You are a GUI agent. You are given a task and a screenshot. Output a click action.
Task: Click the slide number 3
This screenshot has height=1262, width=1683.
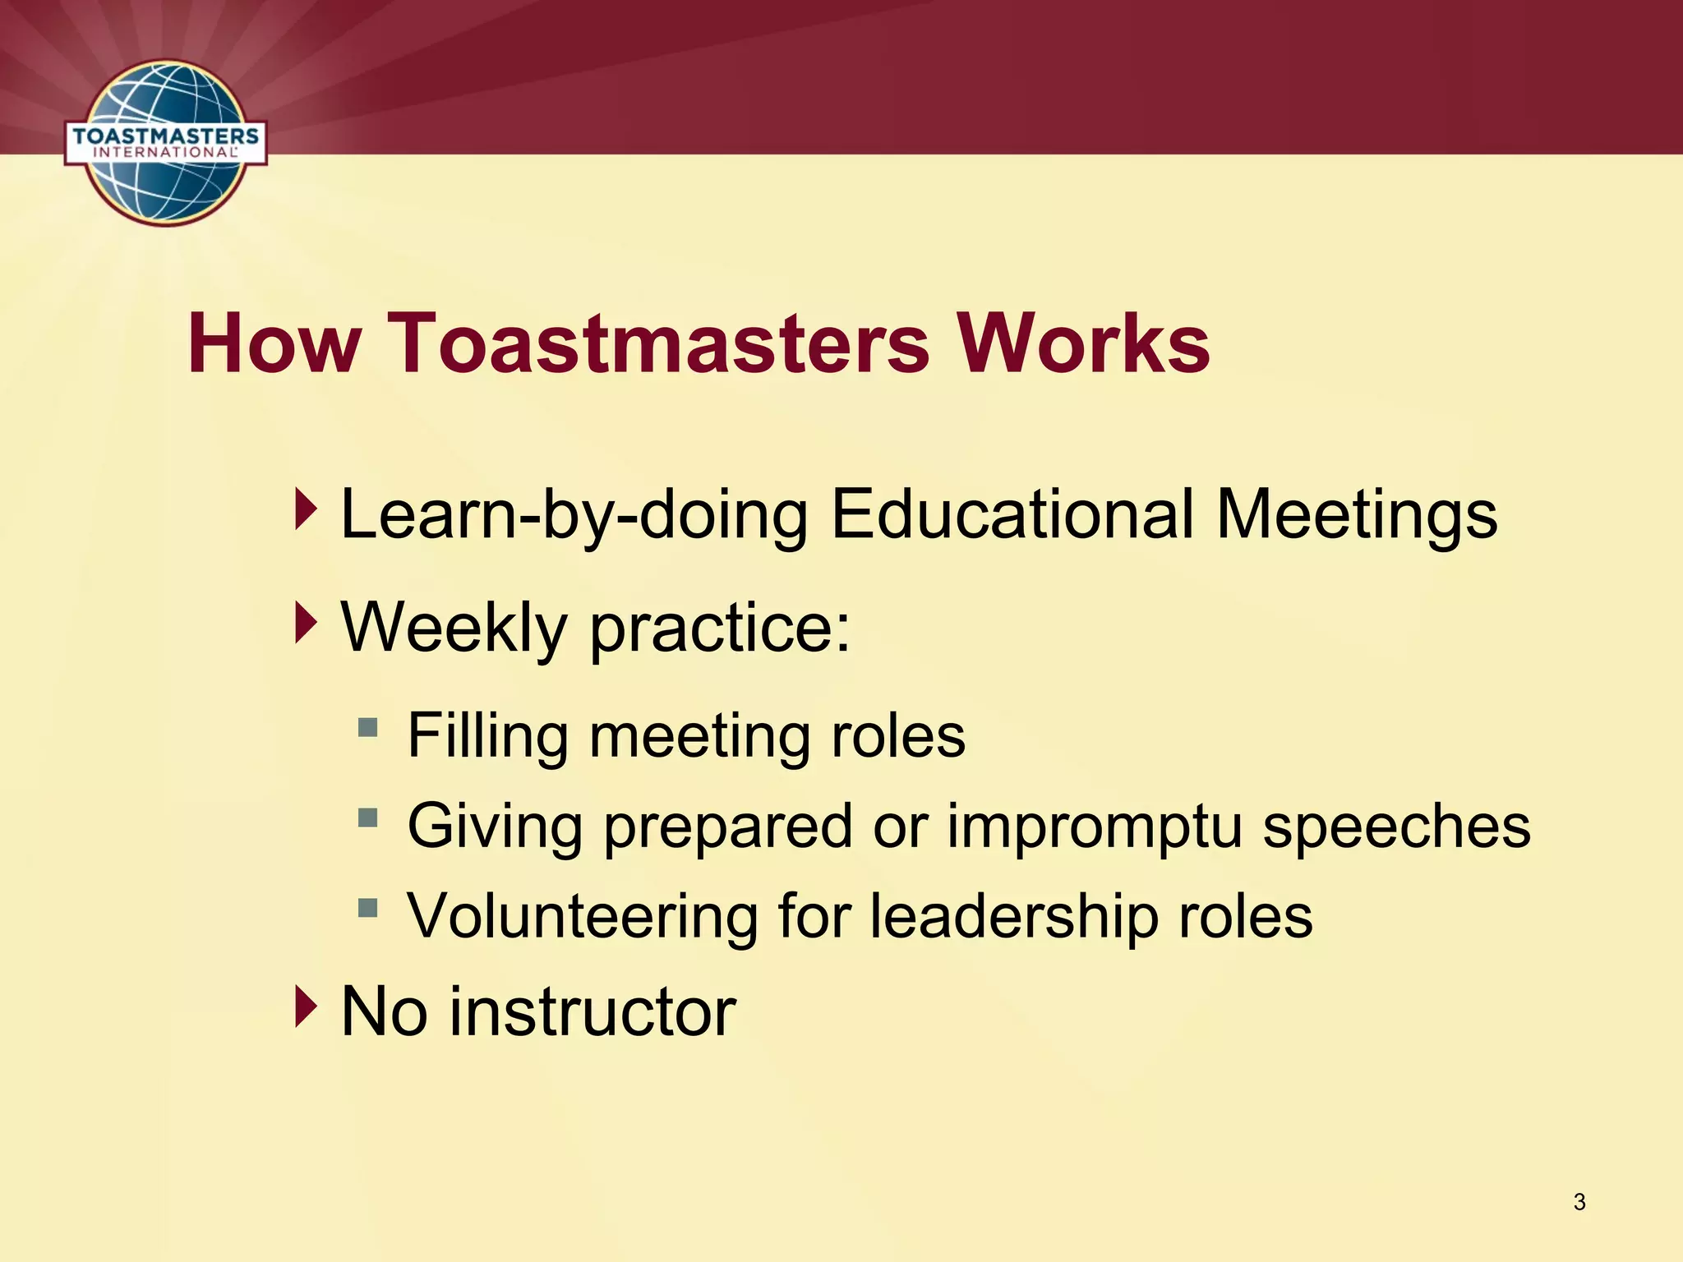(1579, 1201)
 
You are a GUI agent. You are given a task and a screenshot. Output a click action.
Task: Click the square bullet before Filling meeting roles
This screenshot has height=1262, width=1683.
(367, 728)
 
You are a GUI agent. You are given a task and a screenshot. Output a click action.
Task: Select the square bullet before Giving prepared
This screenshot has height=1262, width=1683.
(367, 818)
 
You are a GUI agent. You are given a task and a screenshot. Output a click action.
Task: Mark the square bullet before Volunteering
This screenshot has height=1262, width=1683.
(367, 908)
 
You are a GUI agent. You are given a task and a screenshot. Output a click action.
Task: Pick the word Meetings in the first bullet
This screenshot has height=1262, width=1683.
(1357, 516)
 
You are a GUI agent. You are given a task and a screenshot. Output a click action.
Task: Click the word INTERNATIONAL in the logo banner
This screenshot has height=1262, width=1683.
(165, 153)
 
